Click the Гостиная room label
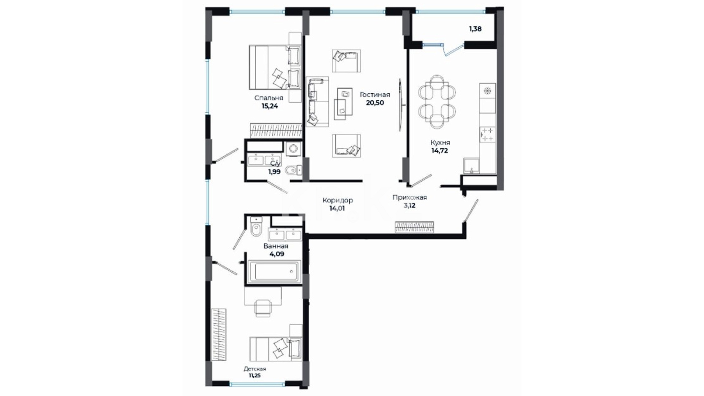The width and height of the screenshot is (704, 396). (x=375, y=95)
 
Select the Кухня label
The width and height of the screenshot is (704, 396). (x=440, y=143)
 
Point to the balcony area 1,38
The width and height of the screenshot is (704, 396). (x=475, y=29)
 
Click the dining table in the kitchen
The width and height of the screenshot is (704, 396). (x=437, y=102)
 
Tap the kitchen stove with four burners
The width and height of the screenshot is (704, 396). (x=488, y=135)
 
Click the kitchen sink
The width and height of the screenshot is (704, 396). (x=472, y=165)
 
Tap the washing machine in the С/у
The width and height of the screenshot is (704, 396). (x=293, y=148)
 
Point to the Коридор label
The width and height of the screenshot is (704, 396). (x=338, y=200)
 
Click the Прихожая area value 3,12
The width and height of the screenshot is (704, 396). (x=410, y=206)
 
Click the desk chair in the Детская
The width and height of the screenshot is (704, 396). (x=263, y=308)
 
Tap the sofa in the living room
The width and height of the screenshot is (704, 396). (x=317, y=102)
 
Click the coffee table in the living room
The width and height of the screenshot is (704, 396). (x=343, y=103)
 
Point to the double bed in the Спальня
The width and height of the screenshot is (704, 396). (x=275, y=67)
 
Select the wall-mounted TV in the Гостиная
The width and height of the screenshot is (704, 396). (x=401, y=105)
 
